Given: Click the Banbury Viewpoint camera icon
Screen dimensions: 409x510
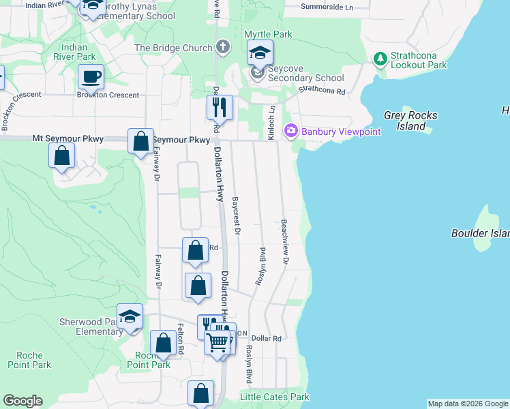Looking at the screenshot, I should [291, 130].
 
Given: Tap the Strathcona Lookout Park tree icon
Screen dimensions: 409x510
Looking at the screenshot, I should [380, 59].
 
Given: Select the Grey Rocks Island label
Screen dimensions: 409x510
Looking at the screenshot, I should [410, 121].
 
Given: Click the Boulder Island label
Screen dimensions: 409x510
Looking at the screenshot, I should [480, 233].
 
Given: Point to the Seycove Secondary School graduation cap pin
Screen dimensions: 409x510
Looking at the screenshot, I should [260, 52].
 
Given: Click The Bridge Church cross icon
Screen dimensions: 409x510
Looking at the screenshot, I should [222, 48].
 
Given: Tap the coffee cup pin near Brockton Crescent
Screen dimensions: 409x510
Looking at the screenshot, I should [91, 77].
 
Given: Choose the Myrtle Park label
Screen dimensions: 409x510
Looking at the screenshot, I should [272, 34].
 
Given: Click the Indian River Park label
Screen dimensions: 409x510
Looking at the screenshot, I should [74, 52].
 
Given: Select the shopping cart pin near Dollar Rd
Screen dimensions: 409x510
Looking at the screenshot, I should [217, 343].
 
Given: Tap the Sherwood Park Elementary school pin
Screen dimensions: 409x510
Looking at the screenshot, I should [130, 316].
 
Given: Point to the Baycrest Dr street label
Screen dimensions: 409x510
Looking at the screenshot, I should [237, 217].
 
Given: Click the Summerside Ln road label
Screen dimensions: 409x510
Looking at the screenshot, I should [328, 7].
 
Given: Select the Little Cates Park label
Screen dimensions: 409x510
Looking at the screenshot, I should [275, 397].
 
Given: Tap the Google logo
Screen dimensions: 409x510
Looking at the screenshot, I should [22, 401].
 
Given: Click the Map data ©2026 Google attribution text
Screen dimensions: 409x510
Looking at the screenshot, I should [467, 404].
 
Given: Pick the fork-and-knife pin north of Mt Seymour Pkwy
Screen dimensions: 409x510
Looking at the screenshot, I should [220, 107].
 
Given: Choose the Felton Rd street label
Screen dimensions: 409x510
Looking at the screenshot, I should [181, 338].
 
